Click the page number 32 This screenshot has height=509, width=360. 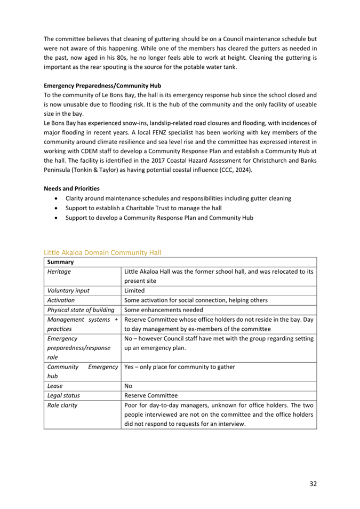click(313, 483)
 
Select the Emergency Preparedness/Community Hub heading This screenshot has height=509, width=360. click(102, 85)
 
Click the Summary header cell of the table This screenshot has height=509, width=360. click(60, 263)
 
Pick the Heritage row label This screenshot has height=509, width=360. click(59, 272)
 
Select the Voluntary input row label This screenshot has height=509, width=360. click(68, 291)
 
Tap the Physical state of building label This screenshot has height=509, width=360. click(81, 309)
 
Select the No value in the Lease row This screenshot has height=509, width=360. click(129, 385)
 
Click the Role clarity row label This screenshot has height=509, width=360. click(62, 405)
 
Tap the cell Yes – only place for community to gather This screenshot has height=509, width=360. click(179, 367)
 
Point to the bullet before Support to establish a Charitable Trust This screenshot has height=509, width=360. click(57, 208)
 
